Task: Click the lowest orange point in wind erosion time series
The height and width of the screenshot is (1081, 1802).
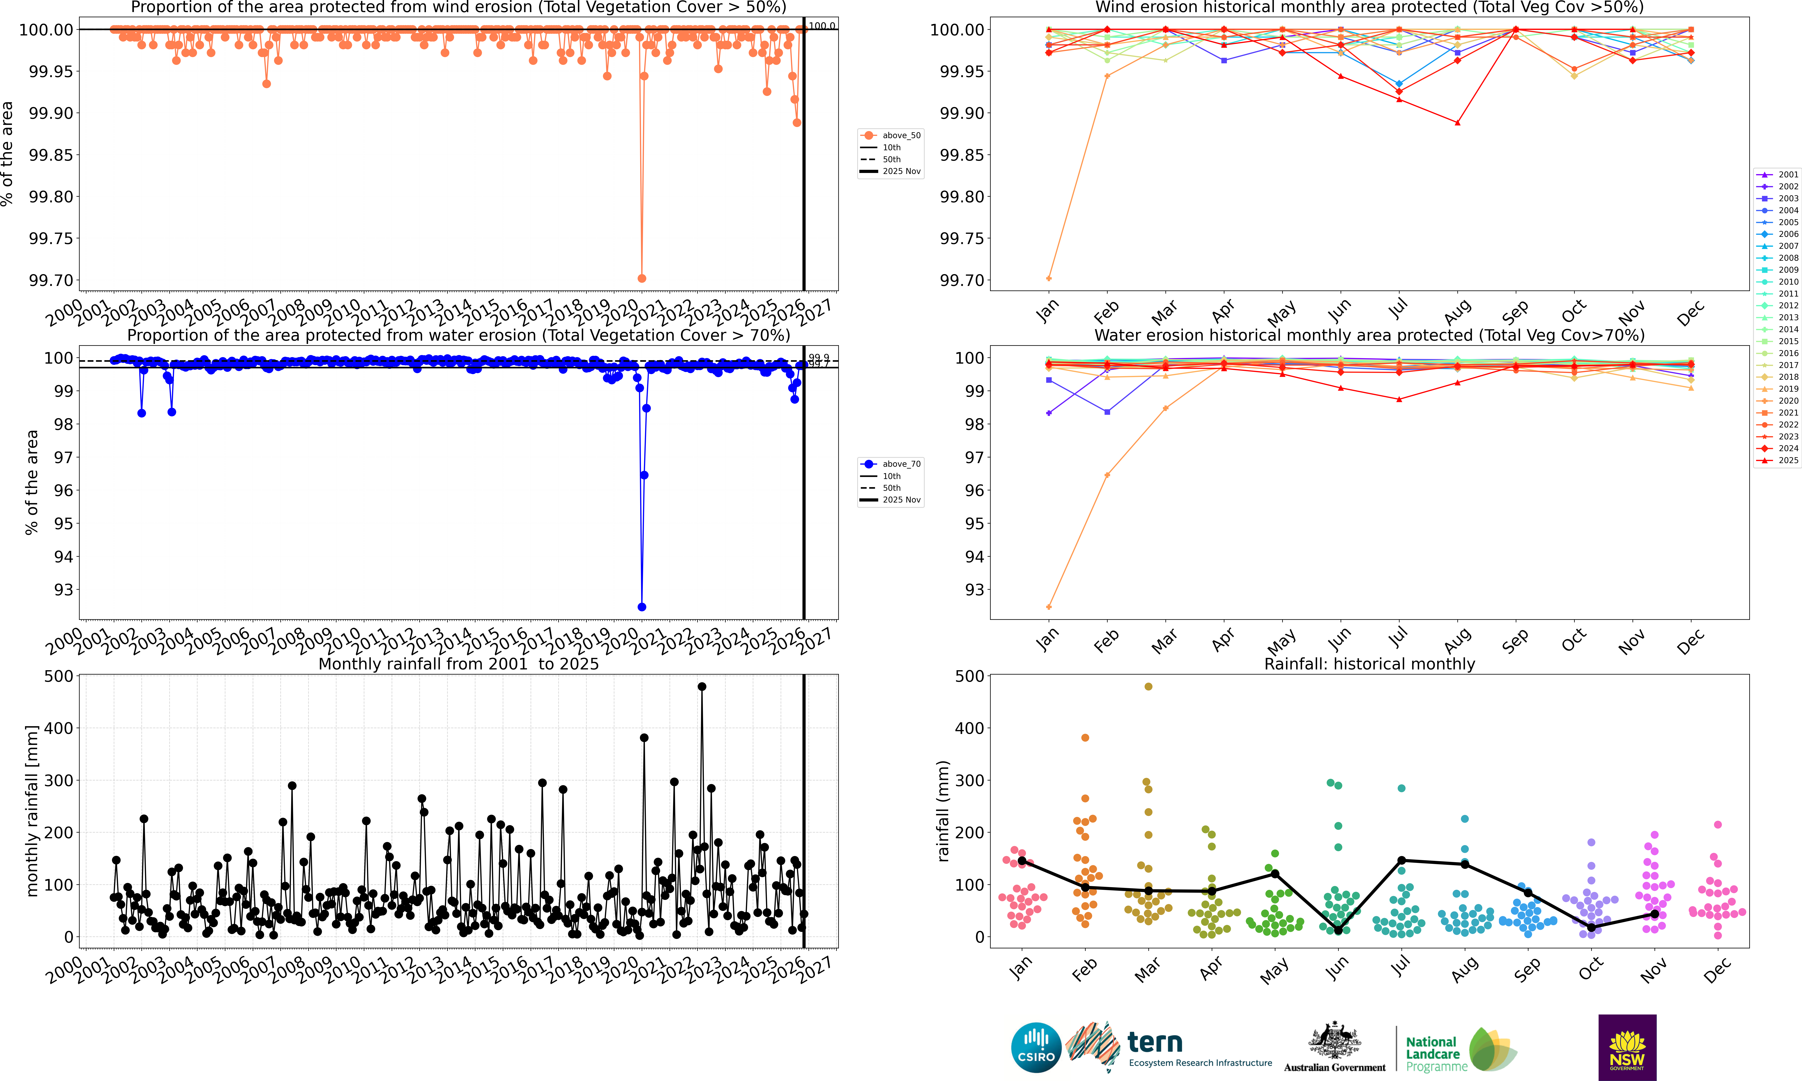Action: (x=641, y=278)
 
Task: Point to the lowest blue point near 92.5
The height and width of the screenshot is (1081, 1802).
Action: (x=641, y=607)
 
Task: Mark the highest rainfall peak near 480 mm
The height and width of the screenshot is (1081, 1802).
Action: (x=702, y=686)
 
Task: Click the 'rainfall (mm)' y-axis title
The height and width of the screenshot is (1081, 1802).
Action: (x=944, y=811)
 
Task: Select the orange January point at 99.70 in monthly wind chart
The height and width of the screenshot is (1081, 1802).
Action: (x=1048, y=278)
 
